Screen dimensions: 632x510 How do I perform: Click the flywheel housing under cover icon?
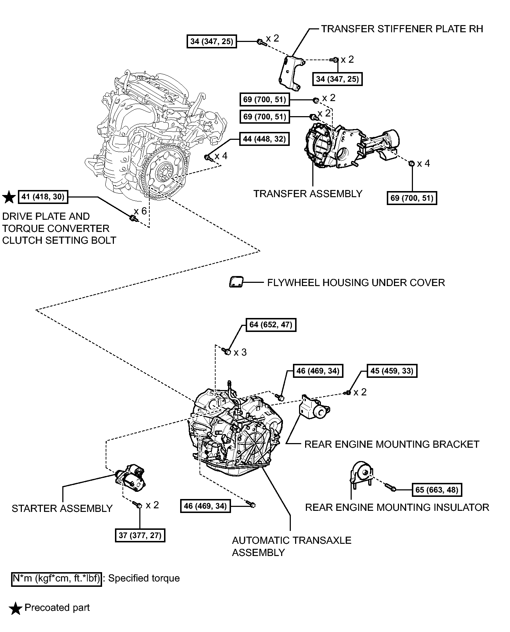[235, 282]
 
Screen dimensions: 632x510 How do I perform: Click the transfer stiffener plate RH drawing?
[291, 73]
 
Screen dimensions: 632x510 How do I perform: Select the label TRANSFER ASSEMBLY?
[308, 194]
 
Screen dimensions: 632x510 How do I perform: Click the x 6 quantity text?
[140, 211]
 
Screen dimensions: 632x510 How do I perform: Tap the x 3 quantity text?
[240, 353]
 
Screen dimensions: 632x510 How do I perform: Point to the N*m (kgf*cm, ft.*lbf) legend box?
[56, 578]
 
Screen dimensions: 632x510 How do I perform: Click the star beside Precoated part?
[15, 608]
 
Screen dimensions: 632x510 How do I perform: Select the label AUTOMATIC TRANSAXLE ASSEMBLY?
[291, 546]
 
